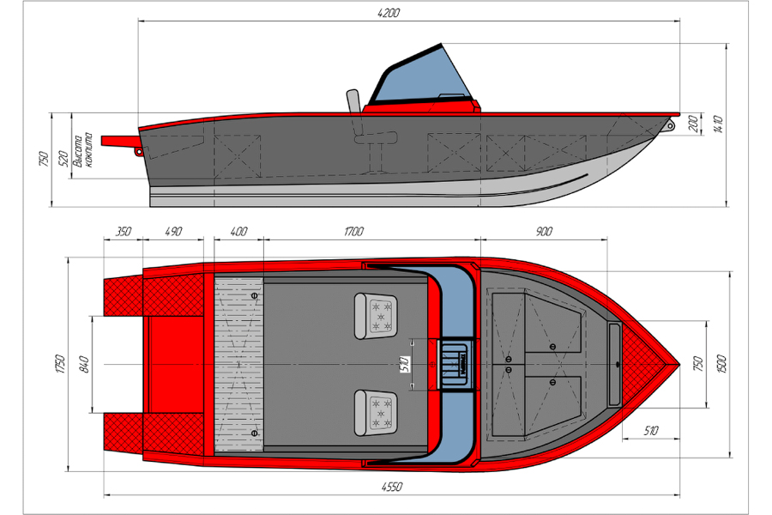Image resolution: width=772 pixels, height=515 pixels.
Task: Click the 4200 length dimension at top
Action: pos(389,13)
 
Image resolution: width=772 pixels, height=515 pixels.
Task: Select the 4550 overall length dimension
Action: pos(392,487)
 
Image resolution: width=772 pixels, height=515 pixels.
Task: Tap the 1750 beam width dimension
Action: pos(60,364)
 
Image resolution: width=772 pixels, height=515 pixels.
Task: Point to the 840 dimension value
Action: pos(84,364)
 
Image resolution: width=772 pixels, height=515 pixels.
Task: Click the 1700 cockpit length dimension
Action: pos(353,231)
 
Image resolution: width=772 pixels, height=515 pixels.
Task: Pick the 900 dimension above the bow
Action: pos(544,231)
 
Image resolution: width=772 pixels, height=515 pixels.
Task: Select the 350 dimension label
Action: pos(123,231)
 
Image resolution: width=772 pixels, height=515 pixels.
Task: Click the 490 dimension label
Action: pos(173,231)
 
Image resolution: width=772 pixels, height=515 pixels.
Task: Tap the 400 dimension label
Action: pos(238,231)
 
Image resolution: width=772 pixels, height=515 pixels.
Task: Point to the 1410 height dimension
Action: pos(717,124)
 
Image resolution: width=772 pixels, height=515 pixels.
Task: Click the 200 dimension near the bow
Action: pos(693,124)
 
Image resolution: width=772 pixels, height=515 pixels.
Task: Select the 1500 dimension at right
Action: pos(721,364)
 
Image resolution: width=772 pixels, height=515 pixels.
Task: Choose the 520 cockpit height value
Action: pos(63,159)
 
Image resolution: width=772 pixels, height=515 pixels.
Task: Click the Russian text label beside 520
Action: pos(82,150)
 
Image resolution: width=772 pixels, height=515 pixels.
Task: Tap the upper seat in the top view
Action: pos(375,316)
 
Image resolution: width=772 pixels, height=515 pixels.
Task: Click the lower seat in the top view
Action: pos(375,413)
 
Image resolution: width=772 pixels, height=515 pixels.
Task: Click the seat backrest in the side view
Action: pos(353,101)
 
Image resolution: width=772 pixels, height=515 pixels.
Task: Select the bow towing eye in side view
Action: pos(669,124)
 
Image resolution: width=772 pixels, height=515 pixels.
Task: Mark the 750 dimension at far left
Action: pos(44,159)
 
